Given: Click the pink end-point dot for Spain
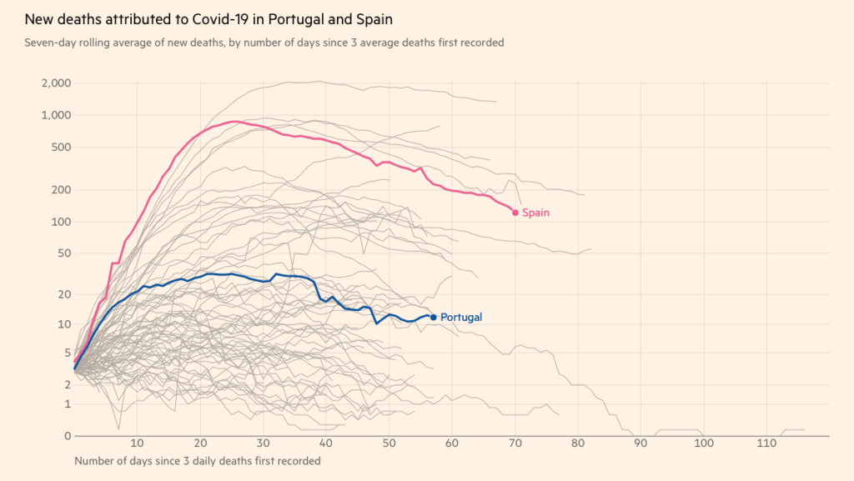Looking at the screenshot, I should click(515, 213).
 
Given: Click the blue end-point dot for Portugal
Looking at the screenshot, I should click(433, 317).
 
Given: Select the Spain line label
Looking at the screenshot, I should click(535, 213).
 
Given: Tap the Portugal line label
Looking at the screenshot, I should click(461, 317).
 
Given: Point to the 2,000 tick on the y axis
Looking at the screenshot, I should click(57, 83).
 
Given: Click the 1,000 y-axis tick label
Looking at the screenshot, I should click(57, 115).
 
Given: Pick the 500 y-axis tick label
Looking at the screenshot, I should click(61, 147).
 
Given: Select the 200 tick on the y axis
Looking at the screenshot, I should click(61, 189).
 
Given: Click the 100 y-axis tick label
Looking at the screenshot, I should click(61, 222).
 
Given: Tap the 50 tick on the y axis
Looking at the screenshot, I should click(63, 253).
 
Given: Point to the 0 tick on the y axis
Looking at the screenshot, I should click(67, 435).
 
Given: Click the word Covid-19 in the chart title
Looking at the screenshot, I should click(213, 18).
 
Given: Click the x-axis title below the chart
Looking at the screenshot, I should click(197, 460).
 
